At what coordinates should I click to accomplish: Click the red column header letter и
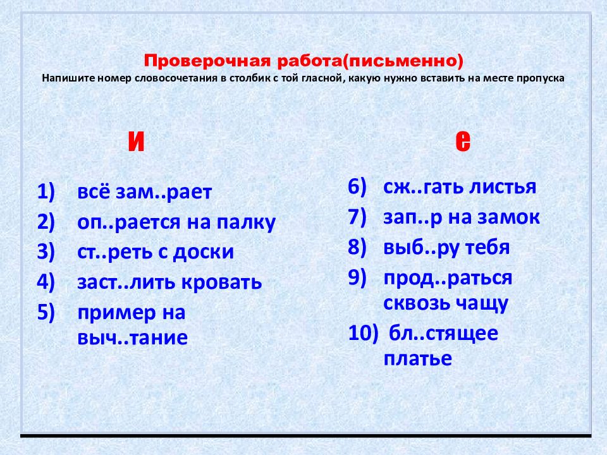click(136, 141)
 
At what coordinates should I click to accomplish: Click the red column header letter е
click(463, 141)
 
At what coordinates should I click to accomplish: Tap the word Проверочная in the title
click(207, 61)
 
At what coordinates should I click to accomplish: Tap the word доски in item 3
click(203, 252)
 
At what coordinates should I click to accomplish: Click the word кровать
click(222, 282)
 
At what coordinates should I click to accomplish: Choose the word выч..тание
click(132, 337)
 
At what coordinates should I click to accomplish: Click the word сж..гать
click(423, 187)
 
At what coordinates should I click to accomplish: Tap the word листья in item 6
click(503, 186)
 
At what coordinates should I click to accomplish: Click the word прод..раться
click(448, 279)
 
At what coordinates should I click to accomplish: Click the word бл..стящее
click(443, 334)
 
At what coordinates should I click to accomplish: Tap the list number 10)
click(363, 334)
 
